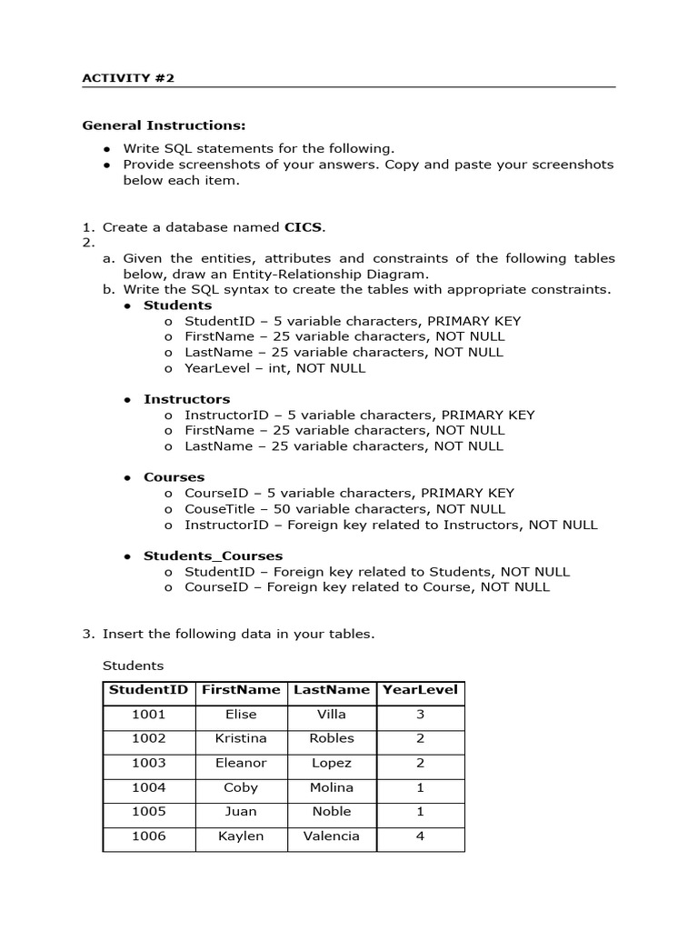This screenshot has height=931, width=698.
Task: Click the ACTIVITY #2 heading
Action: (128, 78)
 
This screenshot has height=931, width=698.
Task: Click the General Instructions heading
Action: (164, 125)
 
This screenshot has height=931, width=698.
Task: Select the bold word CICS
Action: (304, 227)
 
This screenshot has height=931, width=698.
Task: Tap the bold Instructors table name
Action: (186, 399)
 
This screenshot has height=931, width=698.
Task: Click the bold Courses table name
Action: (174, 477)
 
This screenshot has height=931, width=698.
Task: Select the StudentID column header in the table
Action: (148, 690)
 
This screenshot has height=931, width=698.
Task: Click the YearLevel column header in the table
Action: (420, 690)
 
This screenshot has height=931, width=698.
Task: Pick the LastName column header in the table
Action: (332, 690)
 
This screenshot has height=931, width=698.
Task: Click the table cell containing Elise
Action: (241, 715)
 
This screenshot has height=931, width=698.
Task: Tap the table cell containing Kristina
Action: (241, 738)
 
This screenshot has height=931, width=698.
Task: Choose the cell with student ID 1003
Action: (149, 763)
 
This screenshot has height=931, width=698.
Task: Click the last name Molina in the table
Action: (332, 787)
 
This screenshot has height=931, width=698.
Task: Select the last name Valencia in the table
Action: (332, 836)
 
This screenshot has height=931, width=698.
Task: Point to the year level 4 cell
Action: (420, 836)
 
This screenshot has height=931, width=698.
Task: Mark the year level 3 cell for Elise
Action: (420, 715)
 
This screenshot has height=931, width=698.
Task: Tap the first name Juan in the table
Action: (241, 811)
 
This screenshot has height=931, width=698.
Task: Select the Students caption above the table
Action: (133, 666)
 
